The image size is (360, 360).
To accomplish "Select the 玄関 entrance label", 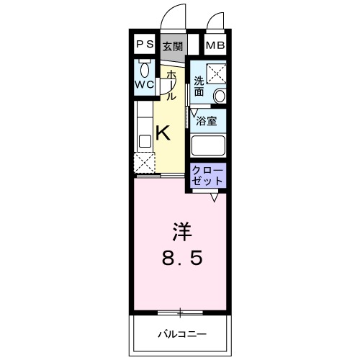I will (172, 46).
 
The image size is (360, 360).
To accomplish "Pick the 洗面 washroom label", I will (198, 86).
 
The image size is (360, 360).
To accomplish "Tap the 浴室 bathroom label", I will (207, 121).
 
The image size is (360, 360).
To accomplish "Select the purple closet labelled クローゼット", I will (207, 175).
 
